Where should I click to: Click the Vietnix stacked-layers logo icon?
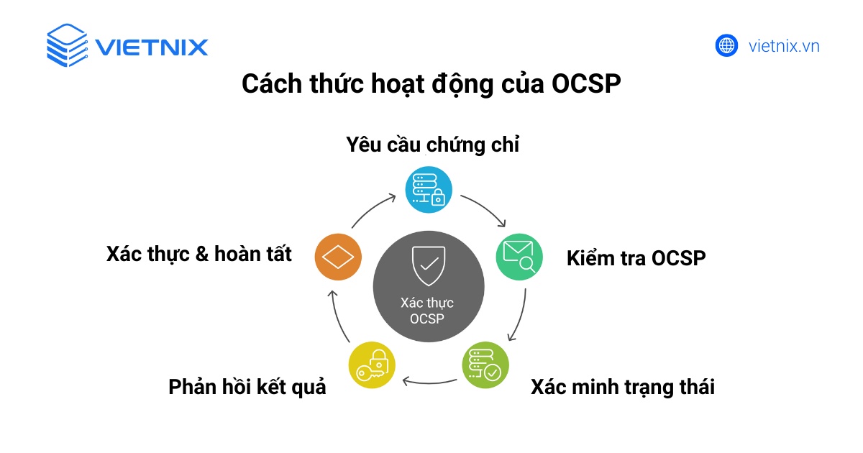coord(67,46)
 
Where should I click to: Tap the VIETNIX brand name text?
coord(151,47)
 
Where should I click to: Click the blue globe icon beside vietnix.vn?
coord(727,46)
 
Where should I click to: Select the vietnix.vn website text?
coord(784,47)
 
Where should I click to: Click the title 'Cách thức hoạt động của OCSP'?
coord(431,84)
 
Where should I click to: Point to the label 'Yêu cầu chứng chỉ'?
coord(432,145)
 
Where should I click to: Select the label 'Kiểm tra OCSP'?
coord(636,258)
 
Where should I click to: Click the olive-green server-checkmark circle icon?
coord(485,365)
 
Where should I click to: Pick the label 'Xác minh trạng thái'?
coord(623,388)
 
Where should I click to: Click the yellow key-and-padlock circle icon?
coord(372,365)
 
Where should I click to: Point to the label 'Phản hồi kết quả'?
coord(247,388)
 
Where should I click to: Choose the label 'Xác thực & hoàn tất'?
coord(199,254)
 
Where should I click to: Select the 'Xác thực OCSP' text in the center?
coord(427,311)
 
